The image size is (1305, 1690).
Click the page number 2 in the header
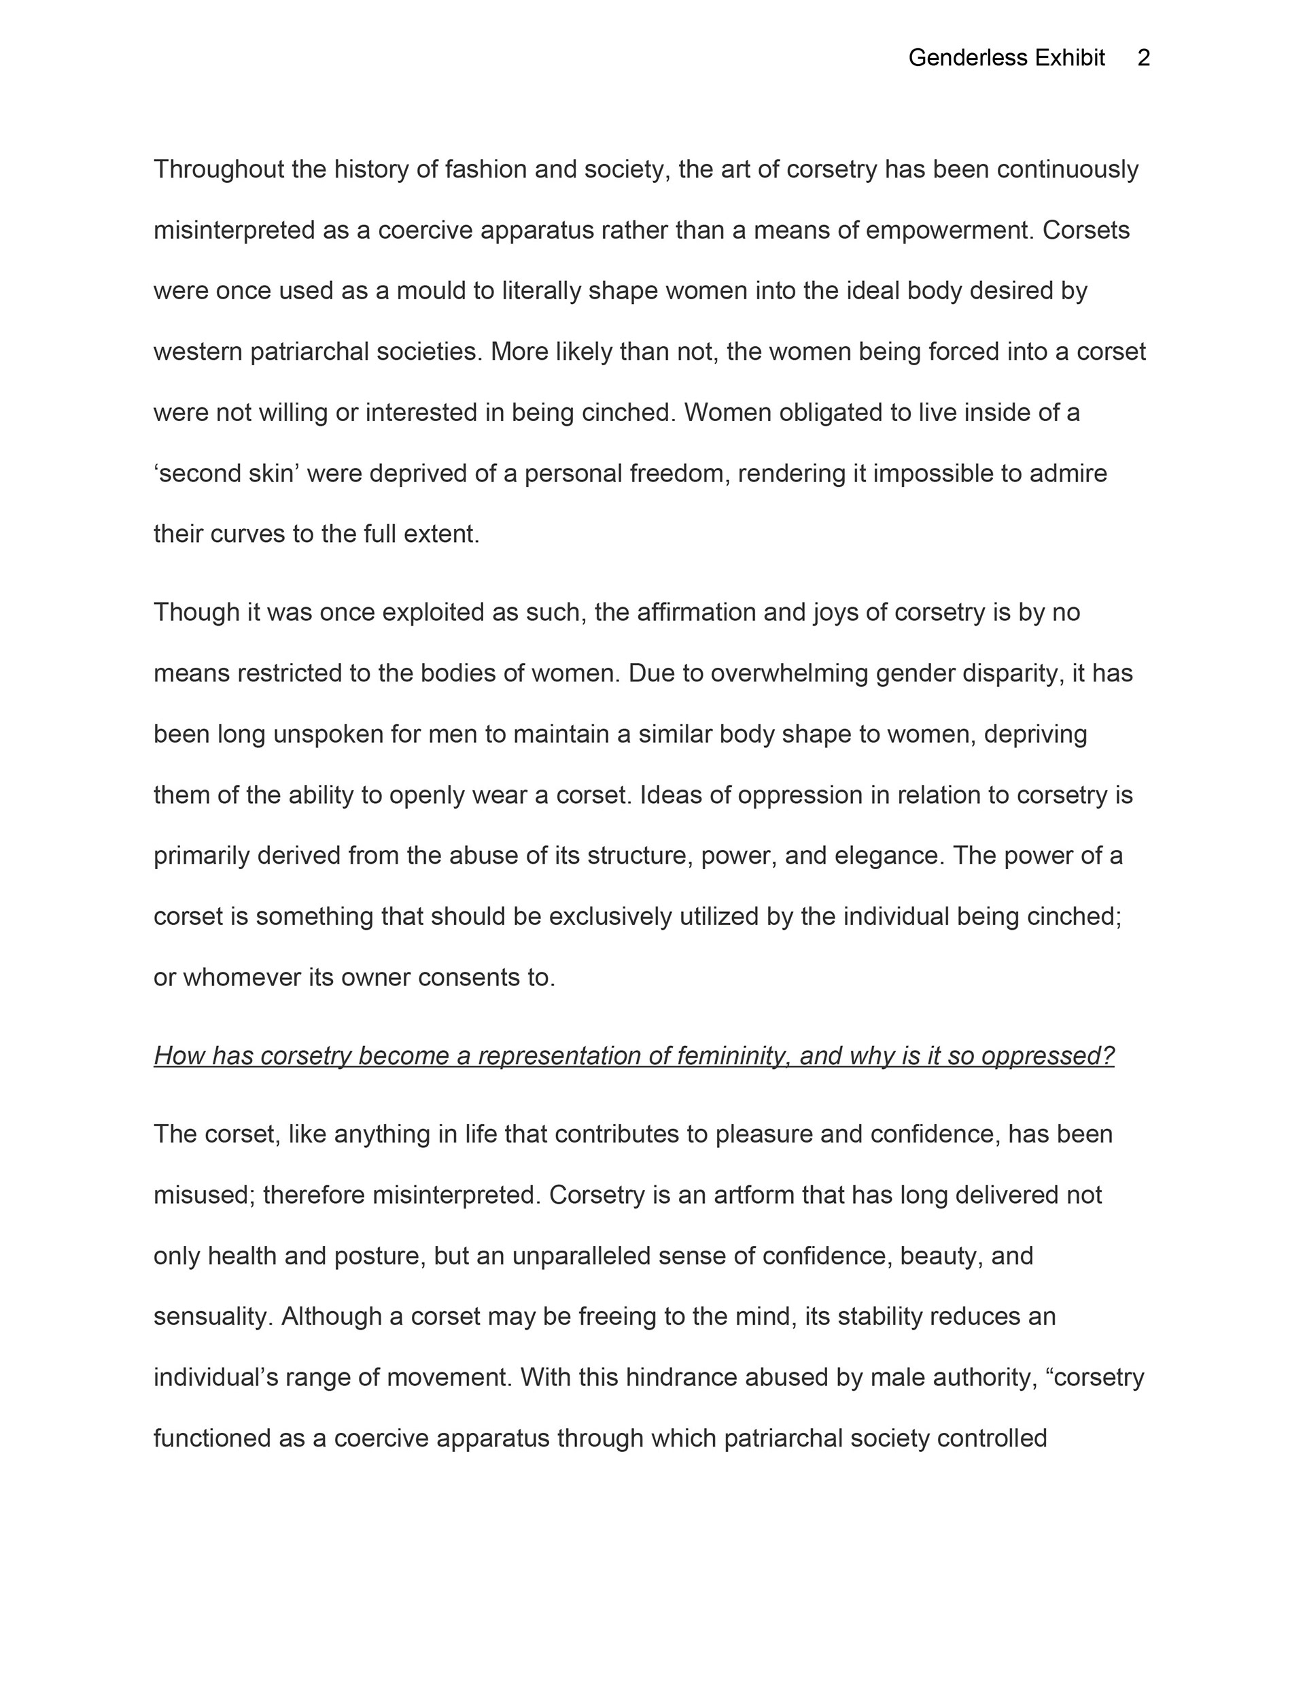click(1143, 58)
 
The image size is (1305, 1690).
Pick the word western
click(198, 352)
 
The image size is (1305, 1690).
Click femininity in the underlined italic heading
click(731, 1056)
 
